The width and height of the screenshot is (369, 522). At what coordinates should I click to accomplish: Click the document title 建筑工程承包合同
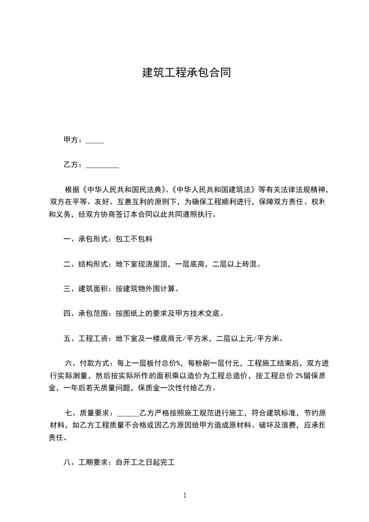(x=186, y=73)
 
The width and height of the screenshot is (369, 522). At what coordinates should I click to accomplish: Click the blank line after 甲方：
(x=95, y=141)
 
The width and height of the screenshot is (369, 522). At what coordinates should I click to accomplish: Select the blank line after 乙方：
(x=102, y=165)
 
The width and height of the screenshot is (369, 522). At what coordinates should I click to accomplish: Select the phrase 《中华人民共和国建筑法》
(x=213, y=190)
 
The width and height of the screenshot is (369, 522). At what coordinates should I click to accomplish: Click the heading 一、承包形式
(x=86, y=240)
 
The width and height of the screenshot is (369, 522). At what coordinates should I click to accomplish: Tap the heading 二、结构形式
(x=86, y=264)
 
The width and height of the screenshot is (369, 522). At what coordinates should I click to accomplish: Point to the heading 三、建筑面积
(x=86, y=289)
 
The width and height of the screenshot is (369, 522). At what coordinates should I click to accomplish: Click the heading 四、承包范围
(x=86, y=314)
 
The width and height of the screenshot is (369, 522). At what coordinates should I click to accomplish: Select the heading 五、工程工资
(x=86, y=338)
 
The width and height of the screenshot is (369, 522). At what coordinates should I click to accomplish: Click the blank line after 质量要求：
(x=128, y=413)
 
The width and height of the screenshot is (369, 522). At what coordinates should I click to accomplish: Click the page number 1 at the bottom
(x=185, y=495)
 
